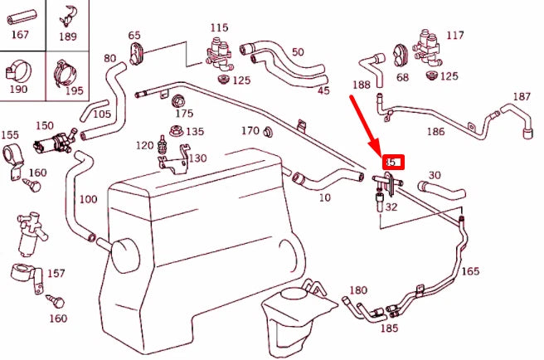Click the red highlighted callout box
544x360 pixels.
(392, 162)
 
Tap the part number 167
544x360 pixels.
(19, 35)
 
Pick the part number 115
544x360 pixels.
(218, 27)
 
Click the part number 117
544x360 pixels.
(454, 35)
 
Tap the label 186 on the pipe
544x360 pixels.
(435, 131)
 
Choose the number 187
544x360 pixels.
(521, 97)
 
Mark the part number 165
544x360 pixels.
(469, 270)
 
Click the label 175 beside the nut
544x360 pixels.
(183, 113)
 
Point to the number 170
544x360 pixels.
(250, 130)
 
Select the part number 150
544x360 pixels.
(44, 125)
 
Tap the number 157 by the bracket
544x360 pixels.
(56, 273)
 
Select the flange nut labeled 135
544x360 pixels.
(175, 130)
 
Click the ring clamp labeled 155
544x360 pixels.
(14, 156)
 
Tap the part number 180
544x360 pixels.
(357, 290)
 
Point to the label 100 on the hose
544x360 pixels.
(87, 200)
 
